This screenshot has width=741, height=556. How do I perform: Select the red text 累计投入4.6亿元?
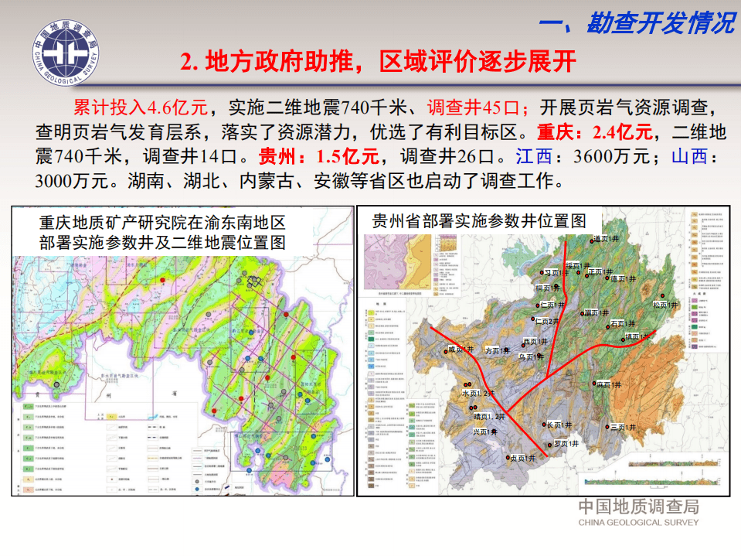pyautogui.click(x=140, y=107)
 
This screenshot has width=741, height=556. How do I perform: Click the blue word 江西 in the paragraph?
pyautogui.click(x=535, y=156)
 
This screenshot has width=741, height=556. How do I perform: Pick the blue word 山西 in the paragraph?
pyautogui.click(x=689, y=156)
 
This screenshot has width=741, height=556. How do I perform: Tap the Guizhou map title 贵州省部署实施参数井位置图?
pyautogui.click(x=479, y=220)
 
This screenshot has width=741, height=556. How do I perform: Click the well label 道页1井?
pyautogui.click(x=607, y=239)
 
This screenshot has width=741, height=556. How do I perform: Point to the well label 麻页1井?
pyautogui.click(x=609, y=384)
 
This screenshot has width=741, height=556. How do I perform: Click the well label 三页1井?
pyautogui.click(x=623, y=426)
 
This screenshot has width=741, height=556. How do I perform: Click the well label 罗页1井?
pyautogui.click(x=566, y=444)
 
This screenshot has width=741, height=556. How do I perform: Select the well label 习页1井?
pyautogui.click(x=555, y=272)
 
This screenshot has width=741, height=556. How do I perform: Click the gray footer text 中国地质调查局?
pyautogui.click(x=638, y=507)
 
